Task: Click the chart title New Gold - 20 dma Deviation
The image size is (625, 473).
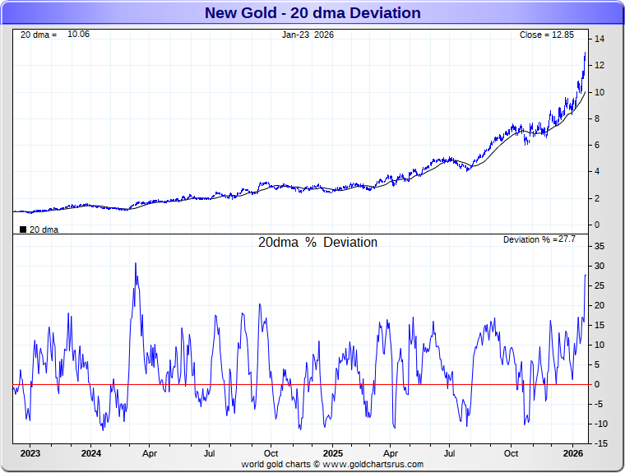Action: click(312, 13)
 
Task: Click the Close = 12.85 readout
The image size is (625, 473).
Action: click(552, 35)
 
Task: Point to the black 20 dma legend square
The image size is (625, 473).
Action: click(23, 230)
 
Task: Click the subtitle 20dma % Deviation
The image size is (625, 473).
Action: click(317, 243)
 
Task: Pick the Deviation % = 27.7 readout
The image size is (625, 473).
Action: click(539, 239)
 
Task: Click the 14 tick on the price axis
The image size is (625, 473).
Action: click(600, 39)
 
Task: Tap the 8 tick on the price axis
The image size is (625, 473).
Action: click(600, 118)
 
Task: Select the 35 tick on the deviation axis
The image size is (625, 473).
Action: click(600, 247)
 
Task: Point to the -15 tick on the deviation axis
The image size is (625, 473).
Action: click(600, 444)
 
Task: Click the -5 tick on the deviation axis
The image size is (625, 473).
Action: click(600, 405)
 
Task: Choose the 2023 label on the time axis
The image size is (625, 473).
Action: click(30, 453)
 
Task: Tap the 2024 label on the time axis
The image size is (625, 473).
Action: click(91, 453)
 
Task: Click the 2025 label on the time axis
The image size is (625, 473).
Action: click(333, 453)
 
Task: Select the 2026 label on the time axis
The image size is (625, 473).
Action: click(573, 453)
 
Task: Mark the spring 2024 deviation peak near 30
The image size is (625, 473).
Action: click(136, 264)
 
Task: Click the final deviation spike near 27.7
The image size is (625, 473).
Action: click(586, 276)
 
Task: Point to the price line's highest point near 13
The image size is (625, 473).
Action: click(585, 53)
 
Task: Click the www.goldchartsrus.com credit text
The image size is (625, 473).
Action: click(372, 465)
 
